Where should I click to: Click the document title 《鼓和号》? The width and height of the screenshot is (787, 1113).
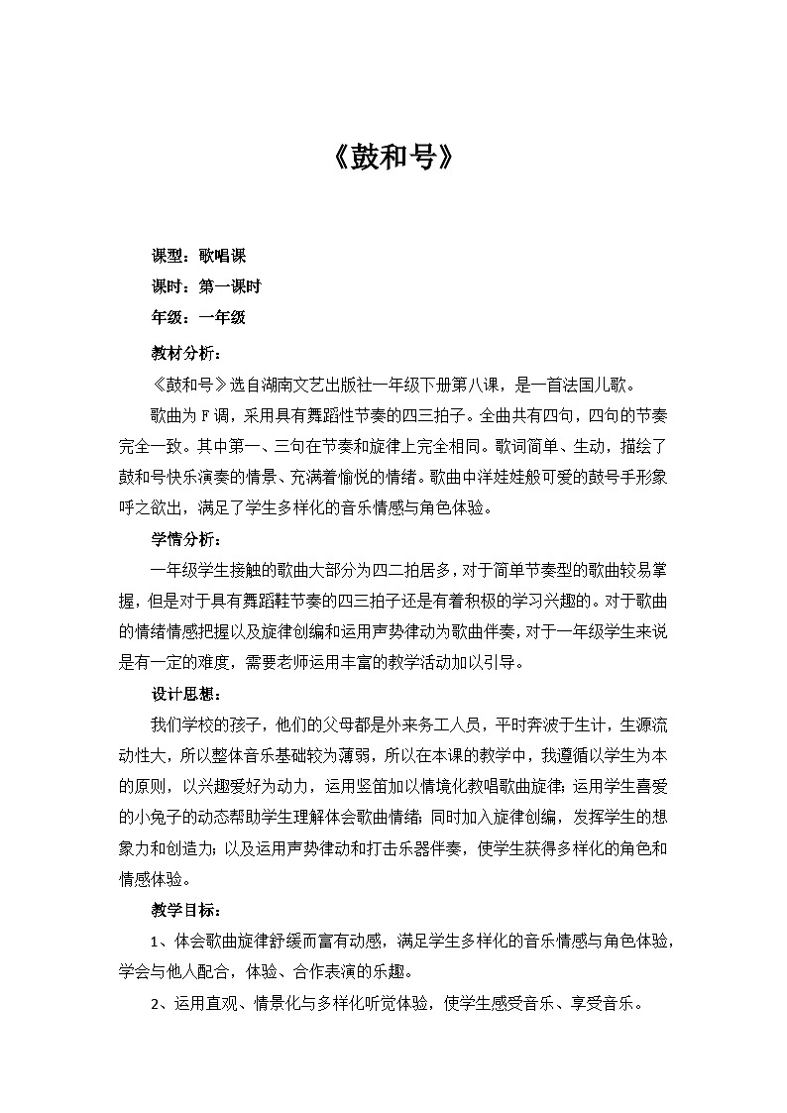click(393, 159)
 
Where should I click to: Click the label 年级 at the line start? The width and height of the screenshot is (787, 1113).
click(166, 318)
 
